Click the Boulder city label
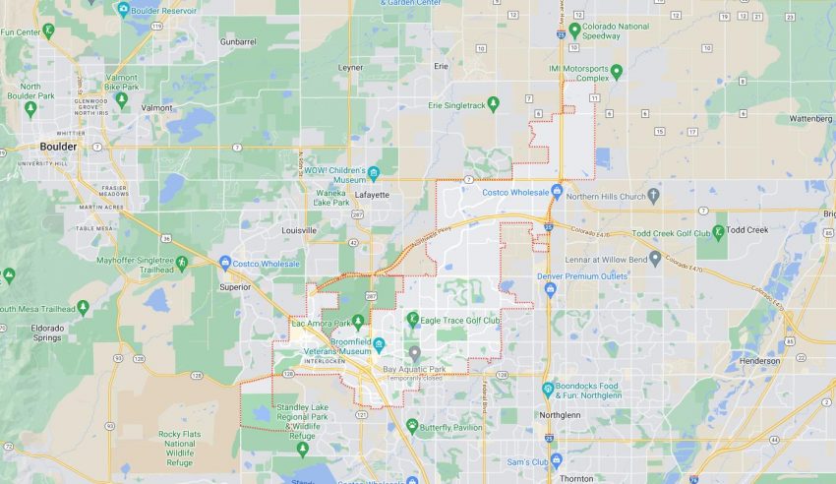pyautogui.click(x=58, y=147)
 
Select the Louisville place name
pyautogui.click(x=299, y=230)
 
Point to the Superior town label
pyautogui.click(x=235, y=287)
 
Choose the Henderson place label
pyautogui.click(x=758, y=361)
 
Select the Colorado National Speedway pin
pyautogui.click(x=574, y=30)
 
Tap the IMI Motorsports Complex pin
pyautogui.click(x=617, y=71)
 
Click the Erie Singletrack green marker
pyautogui.click(x=494, y=103)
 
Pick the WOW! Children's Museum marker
pyautogui.click(x=374, y=176)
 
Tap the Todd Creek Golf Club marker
pyautogui.click(x=718, y=232)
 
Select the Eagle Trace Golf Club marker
pyautogui.click(x=413, y=320)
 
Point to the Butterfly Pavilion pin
pyautogui.click(x=412, y=427)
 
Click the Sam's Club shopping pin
pyautogui.click(x=555, y=460)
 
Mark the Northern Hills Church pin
pyautogui.click(x=653, y=195)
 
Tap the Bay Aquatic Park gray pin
pyautogui.click(x=415, y=353)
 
